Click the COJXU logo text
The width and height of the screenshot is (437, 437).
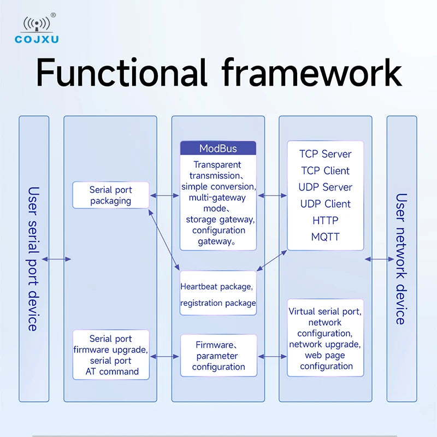click(x=37, y=39)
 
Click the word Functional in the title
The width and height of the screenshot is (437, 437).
click(x=122, y=73)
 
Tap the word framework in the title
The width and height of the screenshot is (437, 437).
click(x=311, y=73)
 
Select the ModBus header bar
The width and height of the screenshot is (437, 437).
click(x=218, y=148)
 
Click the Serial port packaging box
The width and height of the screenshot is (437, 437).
click(x=111, y=195)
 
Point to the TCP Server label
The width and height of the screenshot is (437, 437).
click(x=325, y=154)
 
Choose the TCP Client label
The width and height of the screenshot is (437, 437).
click(x=325, y=170)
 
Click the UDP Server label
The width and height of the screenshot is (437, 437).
click(x=325, y=187)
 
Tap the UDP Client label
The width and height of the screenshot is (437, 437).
click(x=325, y=204)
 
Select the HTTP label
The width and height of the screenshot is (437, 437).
click(x=325, y=221)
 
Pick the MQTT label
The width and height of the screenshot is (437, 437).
click(x=325, y=237)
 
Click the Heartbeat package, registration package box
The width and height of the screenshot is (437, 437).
click(x=218, y=293)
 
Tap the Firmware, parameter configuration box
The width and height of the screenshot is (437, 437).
click(x=218, y=356)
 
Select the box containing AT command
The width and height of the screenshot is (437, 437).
click(x=111, y=355)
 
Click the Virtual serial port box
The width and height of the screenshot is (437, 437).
click(x=325, y=338)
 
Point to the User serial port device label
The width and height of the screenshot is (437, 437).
click(x=33, y=259)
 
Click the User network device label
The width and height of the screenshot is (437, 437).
click(x=401, y=259)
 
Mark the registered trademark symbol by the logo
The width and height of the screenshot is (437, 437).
click(x=53, y=15)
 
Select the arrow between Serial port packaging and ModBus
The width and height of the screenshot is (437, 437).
click(x=165, y=196)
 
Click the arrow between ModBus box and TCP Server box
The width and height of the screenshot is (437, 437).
click(x=272, y=196)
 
